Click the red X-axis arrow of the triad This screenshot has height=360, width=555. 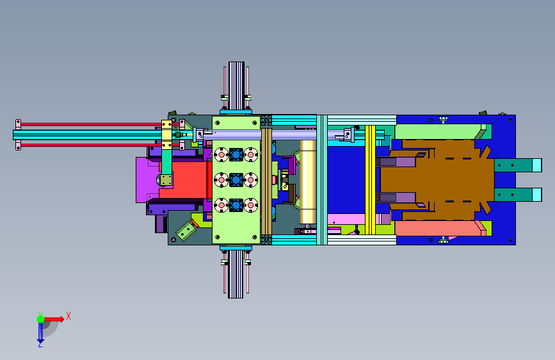[54, 319]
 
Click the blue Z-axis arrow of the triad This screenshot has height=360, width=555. [40, 333]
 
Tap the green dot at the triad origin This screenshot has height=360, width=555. [41, 319]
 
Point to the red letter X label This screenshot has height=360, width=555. [68, 316]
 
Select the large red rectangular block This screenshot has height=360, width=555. [184, 179]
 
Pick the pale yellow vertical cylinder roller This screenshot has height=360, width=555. [307, 182]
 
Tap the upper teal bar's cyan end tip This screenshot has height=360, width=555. [537, 165]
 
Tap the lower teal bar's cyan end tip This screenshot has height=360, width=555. [537, 195]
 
